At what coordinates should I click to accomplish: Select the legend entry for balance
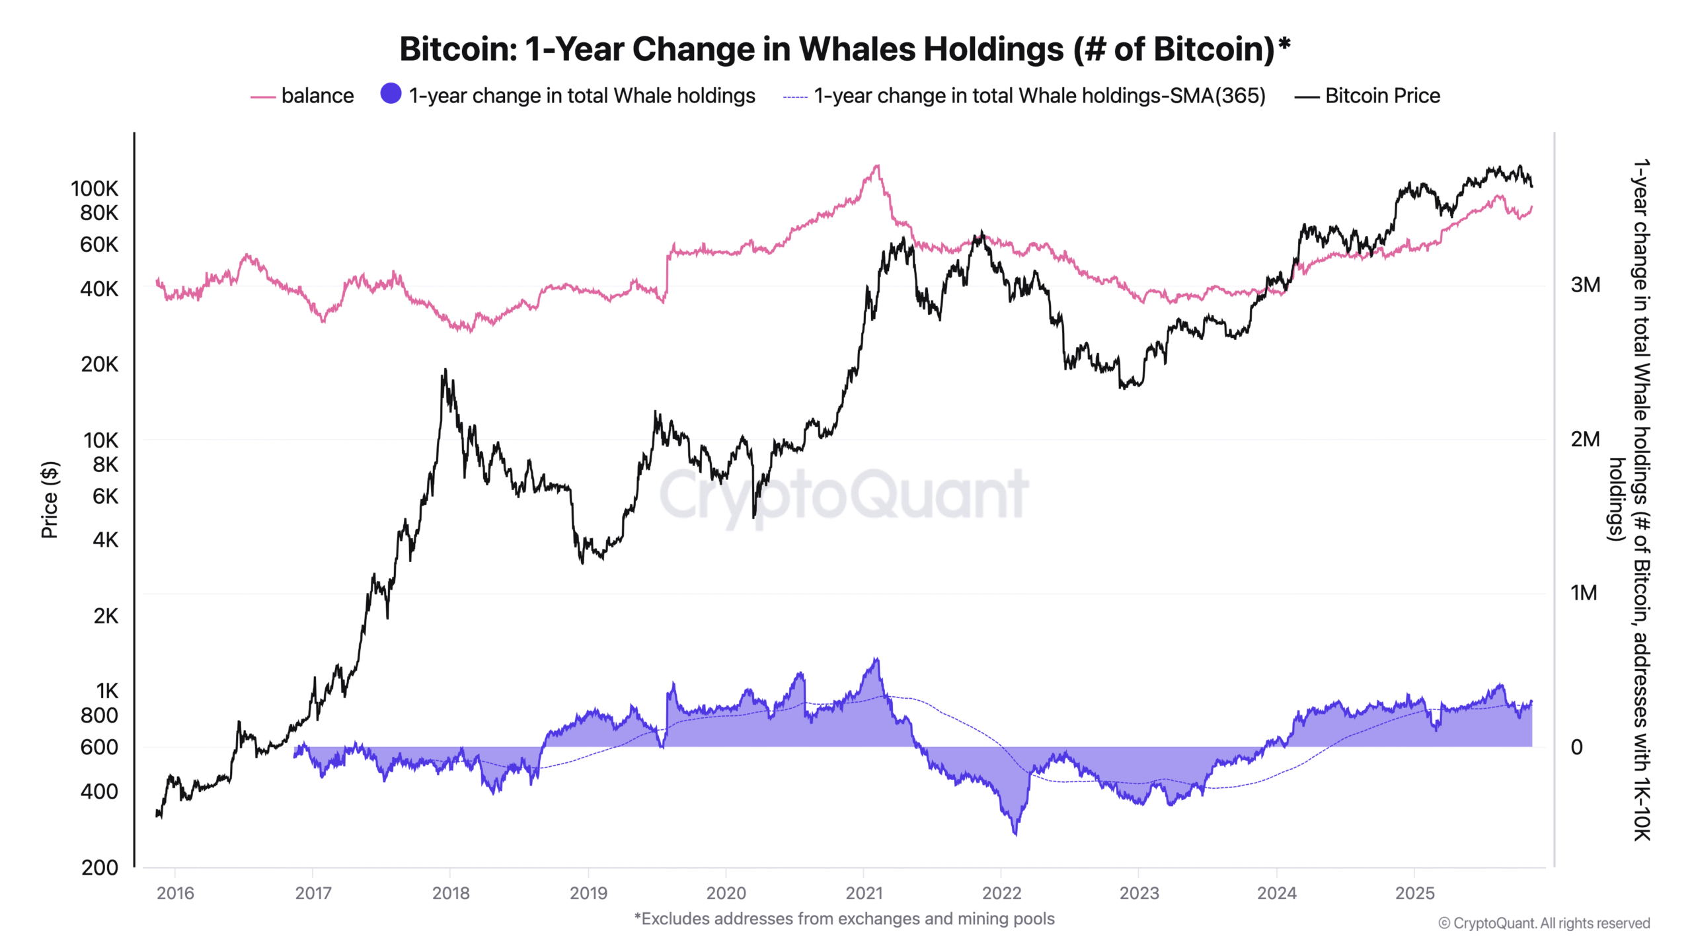pos(317,96)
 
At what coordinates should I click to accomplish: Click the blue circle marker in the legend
pos(391,94)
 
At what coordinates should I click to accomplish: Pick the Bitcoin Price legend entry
pos(1381,96)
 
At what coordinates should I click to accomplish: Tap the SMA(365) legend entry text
pos(1039,96)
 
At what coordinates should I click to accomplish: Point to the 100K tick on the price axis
pos(95,189)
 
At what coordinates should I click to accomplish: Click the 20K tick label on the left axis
pos(99,364)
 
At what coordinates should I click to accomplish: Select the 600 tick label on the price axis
pos(99,747)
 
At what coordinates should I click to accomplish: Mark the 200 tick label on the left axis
pos(99,867)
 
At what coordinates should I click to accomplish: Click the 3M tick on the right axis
pos(1585,285)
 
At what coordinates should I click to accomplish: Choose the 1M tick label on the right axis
pos(1584,593)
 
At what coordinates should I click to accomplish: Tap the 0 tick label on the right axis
pos(1576,747)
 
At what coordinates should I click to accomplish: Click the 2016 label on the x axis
pos(175,893)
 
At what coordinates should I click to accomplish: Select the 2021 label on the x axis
pos(864,893)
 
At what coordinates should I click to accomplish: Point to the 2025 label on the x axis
pos(1414,893)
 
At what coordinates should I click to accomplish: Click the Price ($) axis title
pos(50,500)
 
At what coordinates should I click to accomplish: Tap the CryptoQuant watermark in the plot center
pos(843,495)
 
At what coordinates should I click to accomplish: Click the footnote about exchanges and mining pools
pos(844,919)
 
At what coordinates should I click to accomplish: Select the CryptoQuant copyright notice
pos(1544,923)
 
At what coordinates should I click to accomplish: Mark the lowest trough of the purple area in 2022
pos(1015,834)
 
